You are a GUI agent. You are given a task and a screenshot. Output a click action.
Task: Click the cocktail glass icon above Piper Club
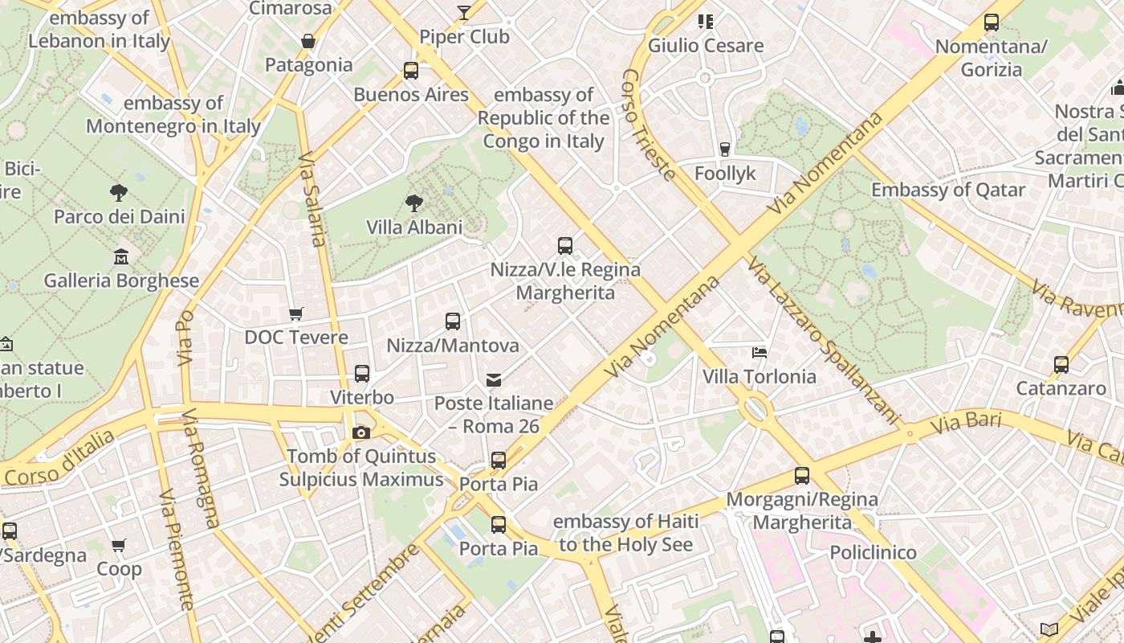[464, 12]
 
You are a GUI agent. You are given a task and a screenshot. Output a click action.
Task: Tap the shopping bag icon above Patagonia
[307, 41]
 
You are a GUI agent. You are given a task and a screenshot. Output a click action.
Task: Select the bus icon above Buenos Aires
[411, 71]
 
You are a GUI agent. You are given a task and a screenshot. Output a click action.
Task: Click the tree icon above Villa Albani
[414, 203]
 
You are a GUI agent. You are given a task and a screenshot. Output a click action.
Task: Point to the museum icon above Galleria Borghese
[121, 256]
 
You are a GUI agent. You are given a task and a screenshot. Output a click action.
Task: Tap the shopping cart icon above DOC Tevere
[296, 313]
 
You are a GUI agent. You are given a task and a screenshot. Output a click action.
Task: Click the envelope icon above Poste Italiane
[494, 379]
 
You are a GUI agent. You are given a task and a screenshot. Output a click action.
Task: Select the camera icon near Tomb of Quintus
[361, 433]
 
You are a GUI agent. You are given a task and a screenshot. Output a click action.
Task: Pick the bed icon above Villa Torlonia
[760, 352]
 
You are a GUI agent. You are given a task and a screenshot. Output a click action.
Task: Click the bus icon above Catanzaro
[1061, 365]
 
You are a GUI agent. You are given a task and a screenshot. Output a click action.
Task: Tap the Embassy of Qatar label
[948, 190]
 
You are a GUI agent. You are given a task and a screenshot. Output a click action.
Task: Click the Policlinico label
[873, 553]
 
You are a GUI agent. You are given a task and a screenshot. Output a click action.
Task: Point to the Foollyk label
[725, 174]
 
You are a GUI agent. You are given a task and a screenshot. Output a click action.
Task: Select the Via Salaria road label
[313, 199]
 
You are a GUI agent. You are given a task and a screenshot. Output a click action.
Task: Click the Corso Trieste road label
[647, 125]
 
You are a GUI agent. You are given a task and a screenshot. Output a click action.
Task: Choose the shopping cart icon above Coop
[119, 546]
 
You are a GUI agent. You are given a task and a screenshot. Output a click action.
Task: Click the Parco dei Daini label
[119, 217]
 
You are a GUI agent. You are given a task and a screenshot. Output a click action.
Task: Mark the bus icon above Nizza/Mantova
[453, 321]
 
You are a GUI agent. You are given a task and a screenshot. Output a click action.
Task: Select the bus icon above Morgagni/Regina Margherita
[802, 475]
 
